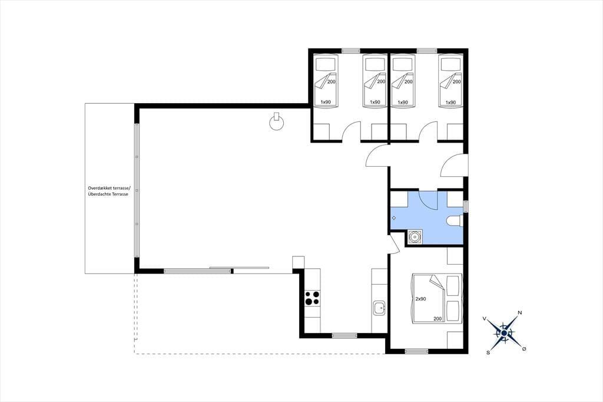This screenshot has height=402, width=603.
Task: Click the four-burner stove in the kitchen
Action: point(312,298)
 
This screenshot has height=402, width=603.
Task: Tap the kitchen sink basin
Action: point(380,308)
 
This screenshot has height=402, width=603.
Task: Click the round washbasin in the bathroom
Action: point(415,237)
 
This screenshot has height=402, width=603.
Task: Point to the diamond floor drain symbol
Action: point(394,218)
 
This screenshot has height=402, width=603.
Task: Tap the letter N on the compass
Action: point(520,312)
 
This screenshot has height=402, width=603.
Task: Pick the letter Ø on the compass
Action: point(524,349)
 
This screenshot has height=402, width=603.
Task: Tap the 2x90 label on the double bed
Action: point(420,299)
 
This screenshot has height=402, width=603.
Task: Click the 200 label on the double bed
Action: point(438,318)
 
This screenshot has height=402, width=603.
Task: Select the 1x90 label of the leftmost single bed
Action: point(326,102)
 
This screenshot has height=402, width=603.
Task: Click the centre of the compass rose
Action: point(504,332)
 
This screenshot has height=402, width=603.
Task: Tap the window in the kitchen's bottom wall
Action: point(344,336)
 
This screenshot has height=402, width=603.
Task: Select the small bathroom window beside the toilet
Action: point(466,206)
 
